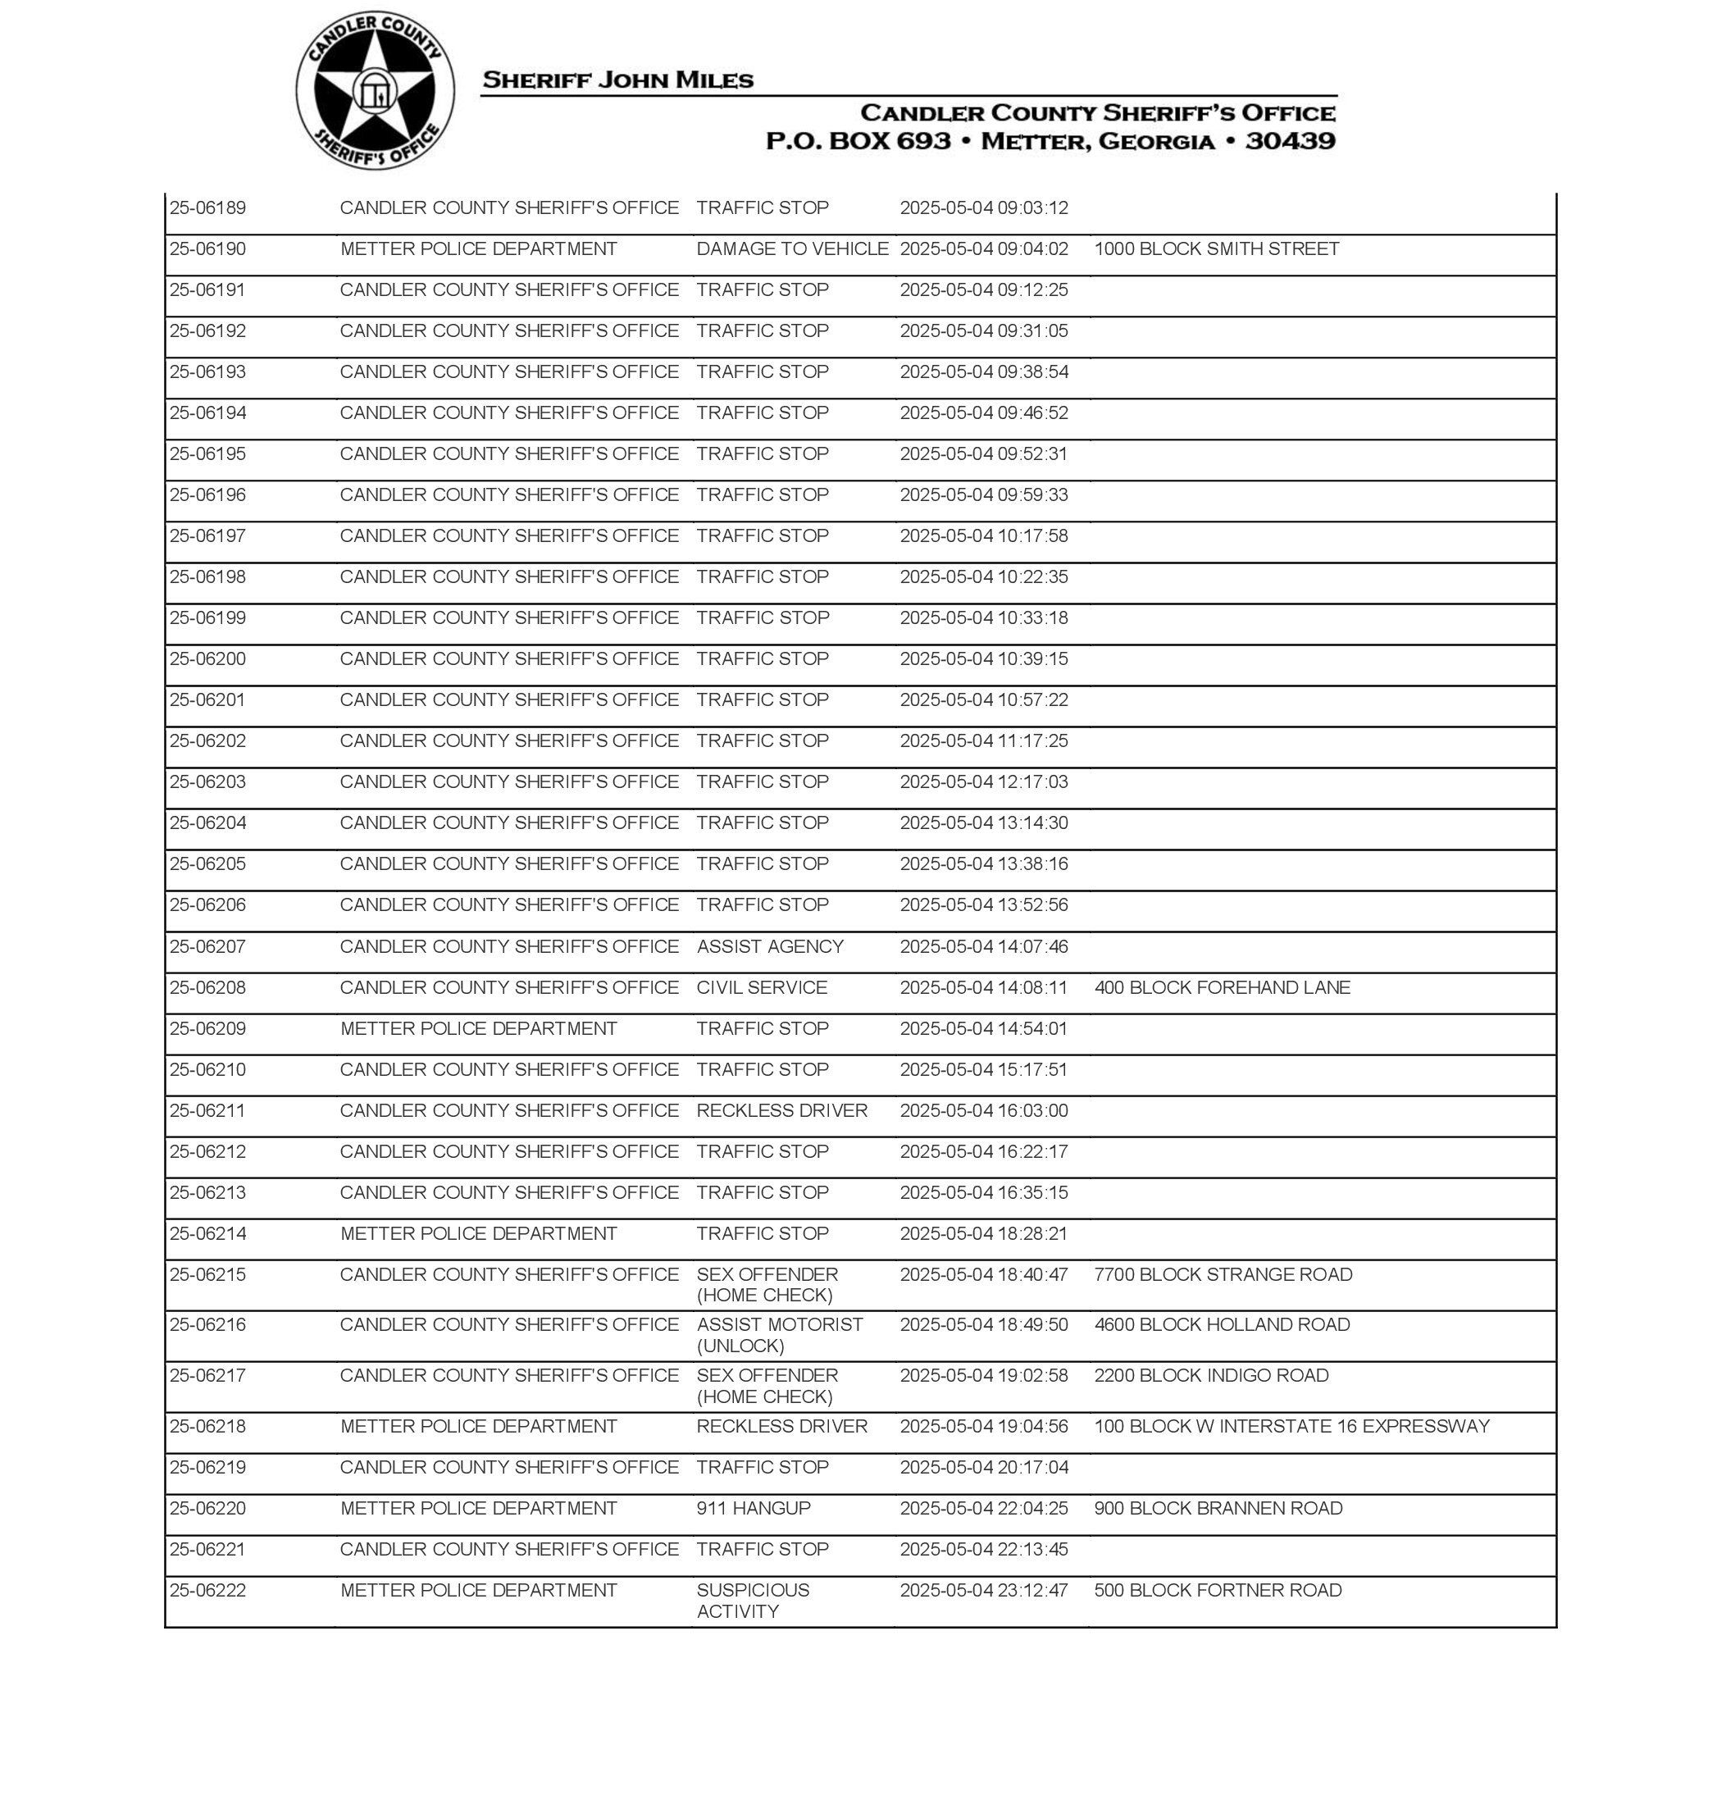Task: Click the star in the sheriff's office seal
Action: (x=375, y=91)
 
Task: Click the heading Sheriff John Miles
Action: (x=617, y=80)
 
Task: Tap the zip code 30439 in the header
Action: (x=1289, y=141)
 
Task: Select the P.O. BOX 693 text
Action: (x=858, y=141)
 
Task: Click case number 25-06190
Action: (x=208, y=249)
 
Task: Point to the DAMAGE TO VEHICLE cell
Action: (x=791, y=249)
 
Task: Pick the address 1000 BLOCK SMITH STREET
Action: (x=1215, y=249)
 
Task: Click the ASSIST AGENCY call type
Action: (x=769, y=946)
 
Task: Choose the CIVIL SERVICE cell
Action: (x=761, y=988)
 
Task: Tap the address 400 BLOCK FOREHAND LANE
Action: (x=1222, y=988)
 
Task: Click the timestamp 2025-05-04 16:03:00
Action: (x=983, y=1111)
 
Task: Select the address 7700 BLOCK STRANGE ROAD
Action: (x=1223, y=1275)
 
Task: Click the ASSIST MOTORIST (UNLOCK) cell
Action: (x=778, y=1336)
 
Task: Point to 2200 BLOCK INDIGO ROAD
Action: (x=1211, y=1376)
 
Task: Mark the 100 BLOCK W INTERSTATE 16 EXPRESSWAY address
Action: (x=1291, y=1427)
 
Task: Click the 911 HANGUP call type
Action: (x=753, y=1509)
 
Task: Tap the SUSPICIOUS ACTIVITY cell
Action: (x=752, y=1601)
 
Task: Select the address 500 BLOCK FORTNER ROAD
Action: (x=1217, y=1591)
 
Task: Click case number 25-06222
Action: (x=208, y=1591)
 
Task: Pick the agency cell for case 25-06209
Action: (x=478, y=1028)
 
